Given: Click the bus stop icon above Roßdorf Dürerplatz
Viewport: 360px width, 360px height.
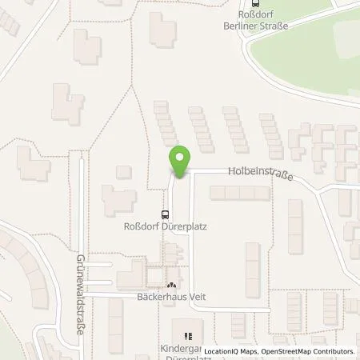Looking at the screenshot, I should click(x=165, y=214).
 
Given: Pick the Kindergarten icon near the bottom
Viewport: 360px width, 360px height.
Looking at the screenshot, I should click(x=188, y=337).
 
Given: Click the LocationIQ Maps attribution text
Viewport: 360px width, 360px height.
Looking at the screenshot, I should click(x=230, y=351).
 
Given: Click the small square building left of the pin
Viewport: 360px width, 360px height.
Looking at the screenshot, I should click(x=123, y=172).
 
